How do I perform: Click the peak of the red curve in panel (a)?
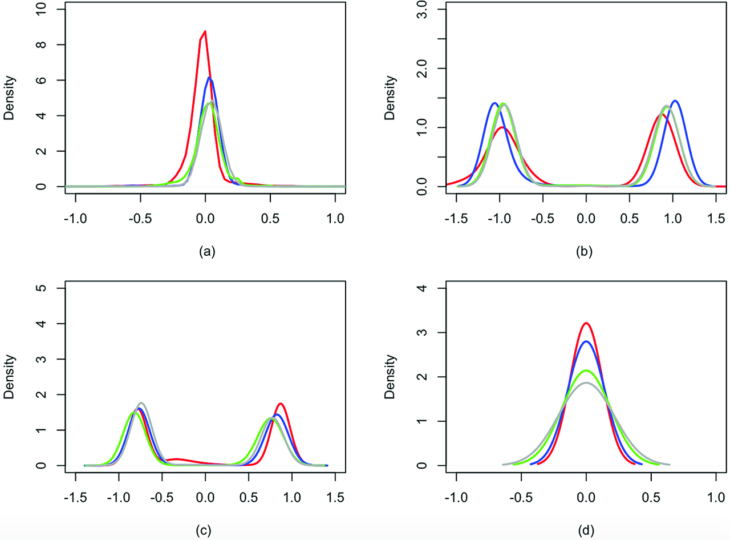click(x=205, y=31)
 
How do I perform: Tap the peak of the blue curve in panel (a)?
click(x=209, y=78)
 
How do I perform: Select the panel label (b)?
click(x=586, y=251)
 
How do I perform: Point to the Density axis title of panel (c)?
click(x=9, y=377)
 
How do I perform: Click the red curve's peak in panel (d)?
click(x=586, y=323)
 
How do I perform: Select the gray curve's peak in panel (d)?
click(x=586, y=383)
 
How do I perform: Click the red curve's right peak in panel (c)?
click(x=281, y=404)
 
